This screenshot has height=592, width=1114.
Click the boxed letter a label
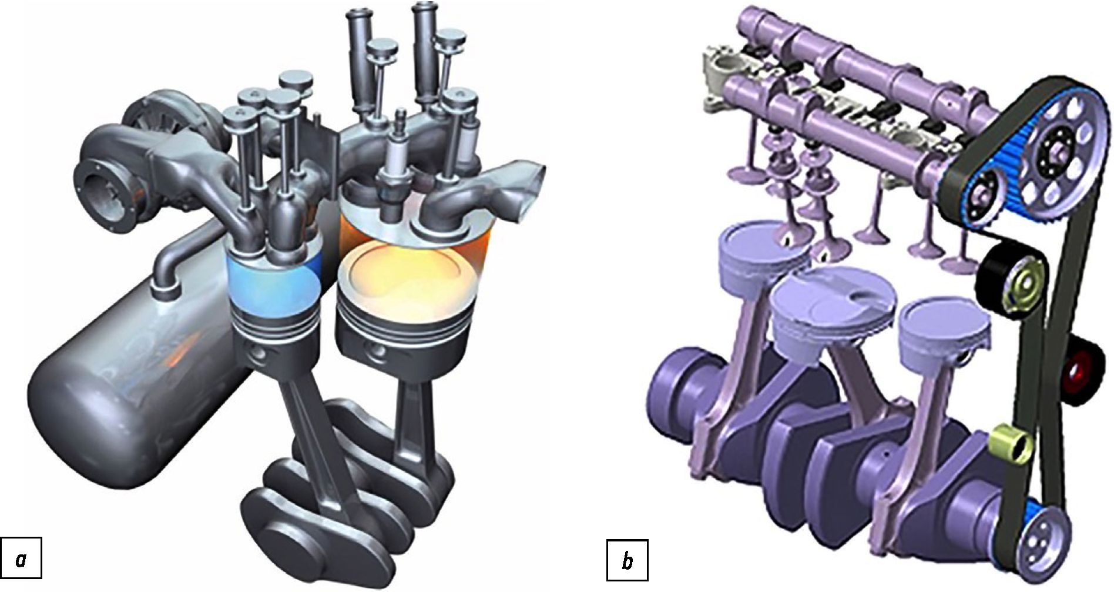[x=22, y=560]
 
